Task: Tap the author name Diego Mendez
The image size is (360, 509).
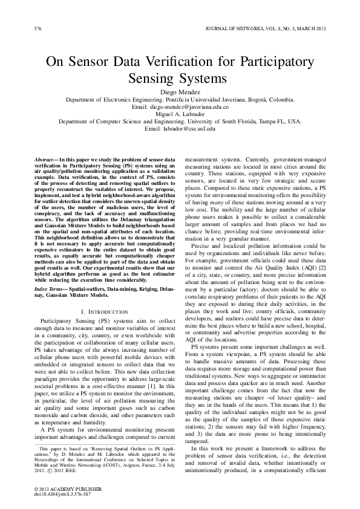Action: click(x=179, y=91)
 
